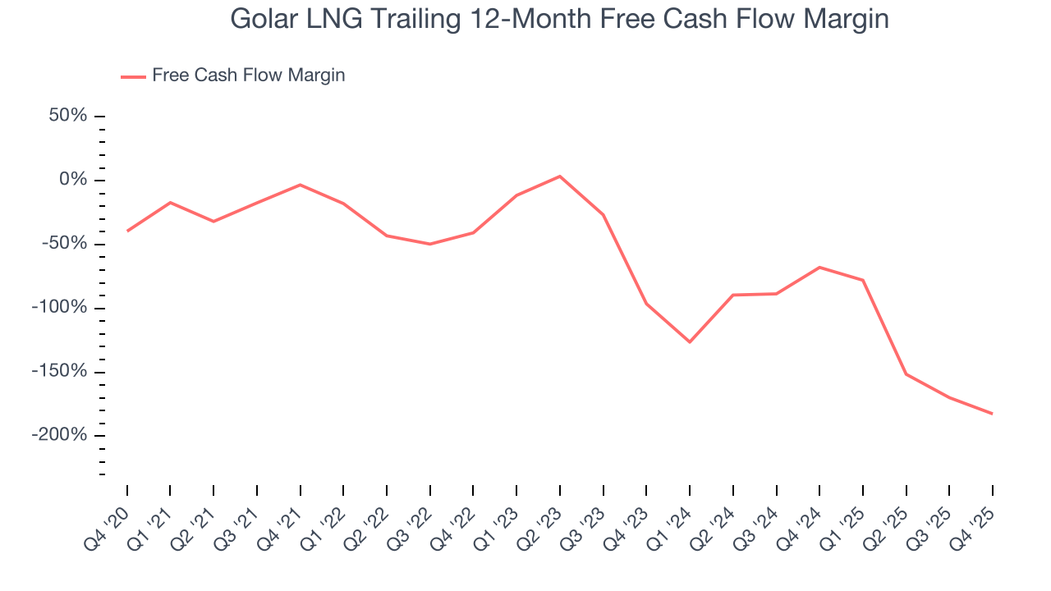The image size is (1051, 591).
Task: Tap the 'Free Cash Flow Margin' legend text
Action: point(248,76)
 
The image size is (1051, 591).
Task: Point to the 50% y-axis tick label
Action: point(67,116)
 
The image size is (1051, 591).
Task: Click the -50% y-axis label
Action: point(64,244)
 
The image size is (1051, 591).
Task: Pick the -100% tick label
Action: point(59,307)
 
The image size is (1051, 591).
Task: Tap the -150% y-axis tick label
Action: point(59,371)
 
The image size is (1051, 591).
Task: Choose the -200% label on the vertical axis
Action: point(59,434)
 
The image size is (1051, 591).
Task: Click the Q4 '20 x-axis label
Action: point(108,527)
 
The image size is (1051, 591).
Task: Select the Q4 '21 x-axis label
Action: point(282,527)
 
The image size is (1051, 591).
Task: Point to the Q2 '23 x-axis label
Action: point(541,527)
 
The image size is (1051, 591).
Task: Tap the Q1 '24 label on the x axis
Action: point(671,527)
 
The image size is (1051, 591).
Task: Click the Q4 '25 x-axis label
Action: point(974,527)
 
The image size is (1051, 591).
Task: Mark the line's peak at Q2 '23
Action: point(560,176)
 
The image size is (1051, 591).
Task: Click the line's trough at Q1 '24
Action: point(690,341)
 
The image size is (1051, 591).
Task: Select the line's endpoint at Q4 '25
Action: point(992,414)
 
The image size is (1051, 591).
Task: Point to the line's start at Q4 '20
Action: point(127,231)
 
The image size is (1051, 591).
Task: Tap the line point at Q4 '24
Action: point(819,267)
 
